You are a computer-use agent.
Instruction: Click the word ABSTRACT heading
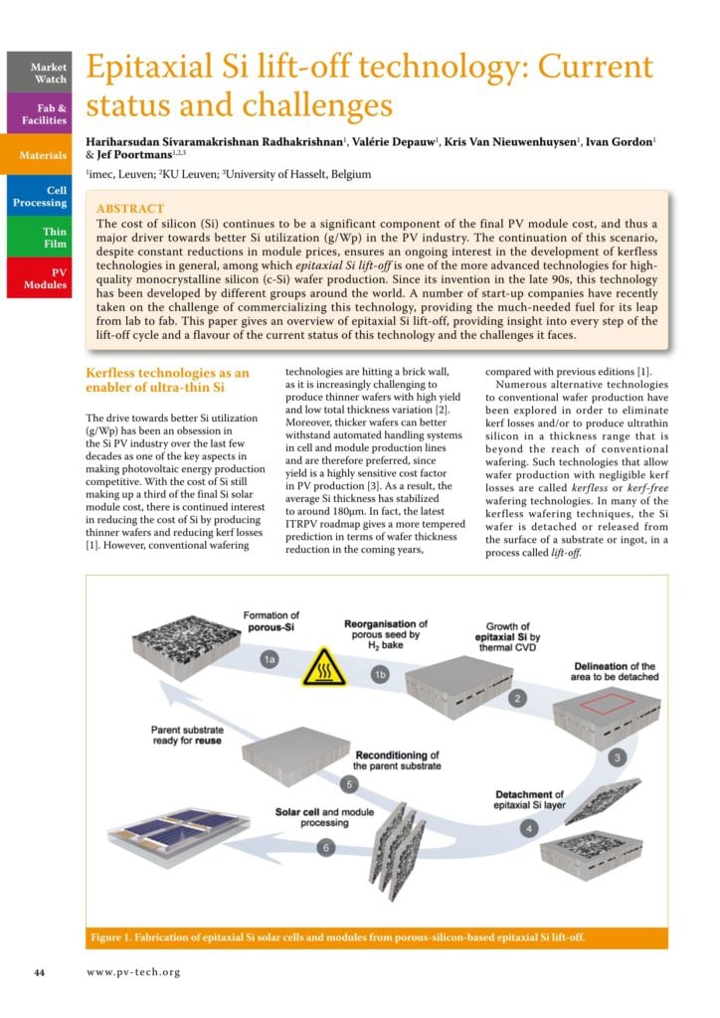click(x=130, y=209)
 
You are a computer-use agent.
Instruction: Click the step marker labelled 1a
click(x=269, y=659)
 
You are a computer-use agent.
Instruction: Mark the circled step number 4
click(x=529, y=827)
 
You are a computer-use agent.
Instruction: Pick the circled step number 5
click(x=348, y=783)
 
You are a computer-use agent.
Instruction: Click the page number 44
click(x=39, y=971)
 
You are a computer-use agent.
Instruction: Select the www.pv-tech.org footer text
click(x=133, y=971)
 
